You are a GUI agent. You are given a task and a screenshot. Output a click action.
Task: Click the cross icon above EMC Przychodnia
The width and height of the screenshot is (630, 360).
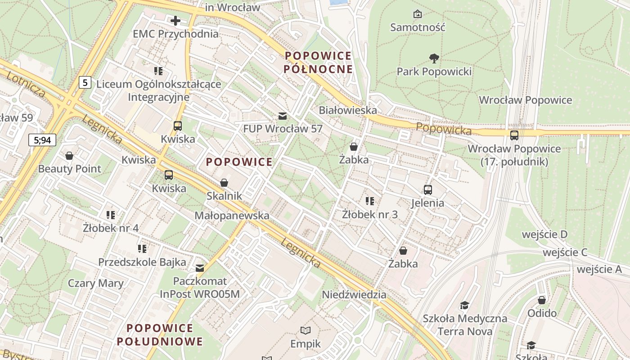[175, 20]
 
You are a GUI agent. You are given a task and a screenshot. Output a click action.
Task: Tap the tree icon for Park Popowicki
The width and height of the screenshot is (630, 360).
[434, 58]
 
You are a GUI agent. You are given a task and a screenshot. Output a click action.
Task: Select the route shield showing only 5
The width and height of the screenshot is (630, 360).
[85, 82]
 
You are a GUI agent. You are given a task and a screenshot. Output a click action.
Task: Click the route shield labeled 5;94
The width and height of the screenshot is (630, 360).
[42, 140]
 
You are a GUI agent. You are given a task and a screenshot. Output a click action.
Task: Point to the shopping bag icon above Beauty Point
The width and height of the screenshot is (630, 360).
[69, 156]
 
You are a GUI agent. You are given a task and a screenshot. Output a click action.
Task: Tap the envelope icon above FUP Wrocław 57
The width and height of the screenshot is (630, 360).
[282, 116]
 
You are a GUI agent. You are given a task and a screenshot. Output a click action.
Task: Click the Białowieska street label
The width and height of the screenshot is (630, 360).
[347, 110]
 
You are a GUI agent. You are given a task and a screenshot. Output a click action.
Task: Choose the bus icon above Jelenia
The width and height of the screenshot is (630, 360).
[427, 190]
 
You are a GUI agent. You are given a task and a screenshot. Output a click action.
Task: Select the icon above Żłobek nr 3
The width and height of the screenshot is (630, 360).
[370, 201]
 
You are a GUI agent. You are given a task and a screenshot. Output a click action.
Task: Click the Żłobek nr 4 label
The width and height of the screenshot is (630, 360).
[111, 228]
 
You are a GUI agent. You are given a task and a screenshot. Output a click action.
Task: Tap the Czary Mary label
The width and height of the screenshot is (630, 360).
[95, 283]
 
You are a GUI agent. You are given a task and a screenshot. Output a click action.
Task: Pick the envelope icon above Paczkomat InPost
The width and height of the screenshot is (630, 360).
[200, 268]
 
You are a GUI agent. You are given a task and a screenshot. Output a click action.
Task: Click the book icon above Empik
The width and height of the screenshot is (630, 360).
[306, 331]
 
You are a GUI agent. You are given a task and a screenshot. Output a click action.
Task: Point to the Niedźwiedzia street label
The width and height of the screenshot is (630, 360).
[354, 295]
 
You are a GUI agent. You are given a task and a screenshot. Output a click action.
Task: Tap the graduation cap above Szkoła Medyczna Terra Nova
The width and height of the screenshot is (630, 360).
[464, 306]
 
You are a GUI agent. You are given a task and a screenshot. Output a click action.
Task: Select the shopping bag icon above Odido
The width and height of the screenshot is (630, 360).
[542, 300]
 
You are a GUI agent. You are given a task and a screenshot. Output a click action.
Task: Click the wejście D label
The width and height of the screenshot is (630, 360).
[544, 234]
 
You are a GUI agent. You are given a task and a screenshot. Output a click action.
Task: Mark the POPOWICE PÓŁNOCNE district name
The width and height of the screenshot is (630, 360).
[319, 63]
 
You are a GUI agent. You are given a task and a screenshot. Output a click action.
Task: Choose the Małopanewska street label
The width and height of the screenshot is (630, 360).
[232, 216]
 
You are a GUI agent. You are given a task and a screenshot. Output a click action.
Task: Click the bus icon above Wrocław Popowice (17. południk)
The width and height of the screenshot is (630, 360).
[514, 135]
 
